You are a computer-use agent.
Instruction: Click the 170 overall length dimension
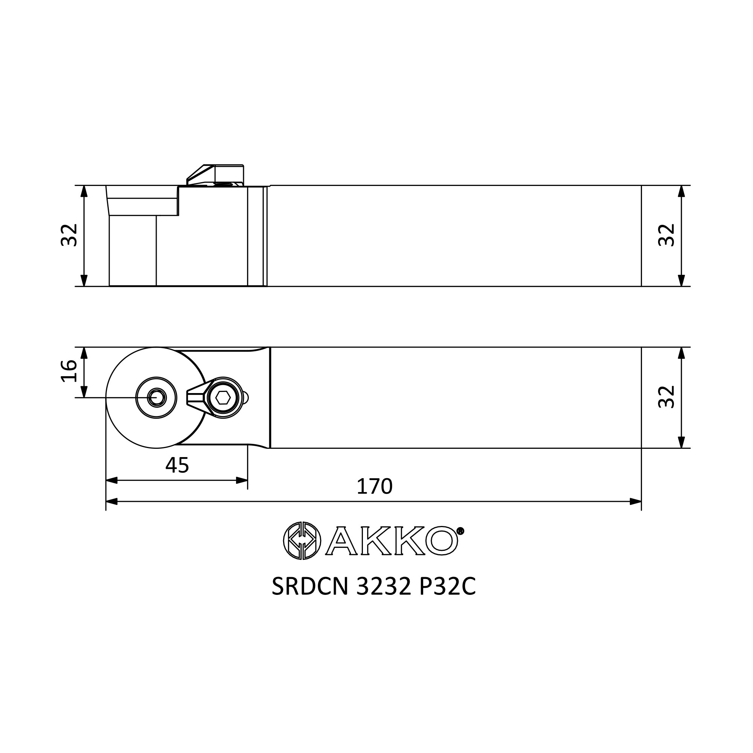click(375, 486)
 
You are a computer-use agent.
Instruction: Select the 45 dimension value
click(177, 465)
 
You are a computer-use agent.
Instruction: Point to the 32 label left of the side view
click(69, 235)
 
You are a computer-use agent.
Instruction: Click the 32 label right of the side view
click(666, 235)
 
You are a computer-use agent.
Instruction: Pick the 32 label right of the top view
click(666, 397)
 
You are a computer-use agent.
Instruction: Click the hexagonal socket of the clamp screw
click(223, 398)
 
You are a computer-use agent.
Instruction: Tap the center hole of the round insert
click(157, 398)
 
